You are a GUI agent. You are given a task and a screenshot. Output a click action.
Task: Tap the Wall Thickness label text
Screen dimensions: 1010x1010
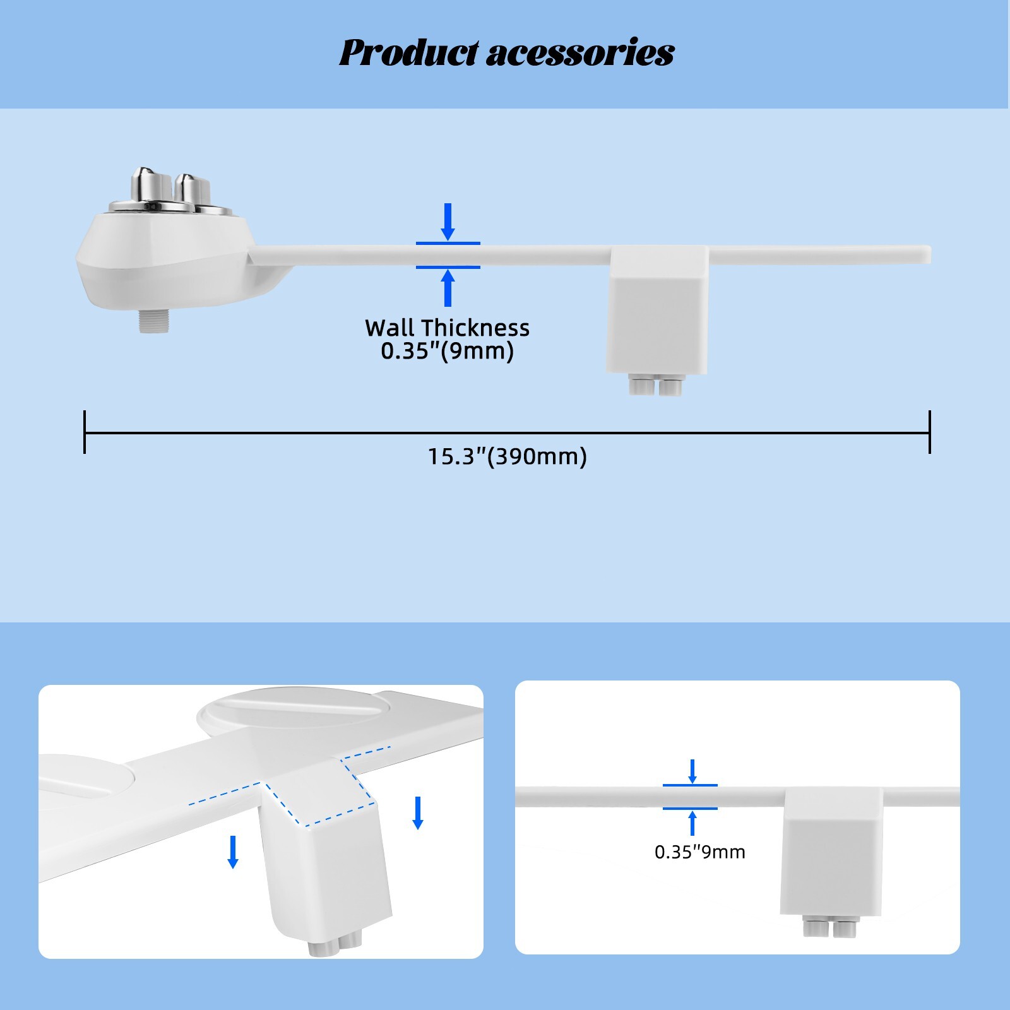447,328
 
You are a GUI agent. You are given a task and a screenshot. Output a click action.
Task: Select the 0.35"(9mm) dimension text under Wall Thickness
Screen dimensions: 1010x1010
447,352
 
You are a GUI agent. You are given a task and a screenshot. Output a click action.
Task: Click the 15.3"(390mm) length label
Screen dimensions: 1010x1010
507,456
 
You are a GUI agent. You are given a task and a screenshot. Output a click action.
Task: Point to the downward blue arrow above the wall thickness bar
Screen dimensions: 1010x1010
448,222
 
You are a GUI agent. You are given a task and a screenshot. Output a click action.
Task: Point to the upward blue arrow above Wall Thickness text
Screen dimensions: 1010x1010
448,288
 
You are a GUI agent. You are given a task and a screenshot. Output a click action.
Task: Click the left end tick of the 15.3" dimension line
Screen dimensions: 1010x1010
85,432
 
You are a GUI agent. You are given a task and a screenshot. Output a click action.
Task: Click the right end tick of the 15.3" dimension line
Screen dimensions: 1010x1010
929,432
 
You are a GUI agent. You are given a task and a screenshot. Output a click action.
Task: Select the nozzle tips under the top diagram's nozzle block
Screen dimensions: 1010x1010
655,386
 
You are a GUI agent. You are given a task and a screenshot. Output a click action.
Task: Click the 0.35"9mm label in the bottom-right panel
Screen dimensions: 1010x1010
699,852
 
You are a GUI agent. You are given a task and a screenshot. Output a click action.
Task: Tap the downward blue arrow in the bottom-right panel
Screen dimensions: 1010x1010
692,771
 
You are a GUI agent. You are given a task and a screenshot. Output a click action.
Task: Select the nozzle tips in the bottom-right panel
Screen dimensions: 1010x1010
827,928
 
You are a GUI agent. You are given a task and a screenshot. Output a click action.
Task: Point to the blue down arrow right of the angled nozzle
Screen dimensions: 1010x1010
417,813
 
